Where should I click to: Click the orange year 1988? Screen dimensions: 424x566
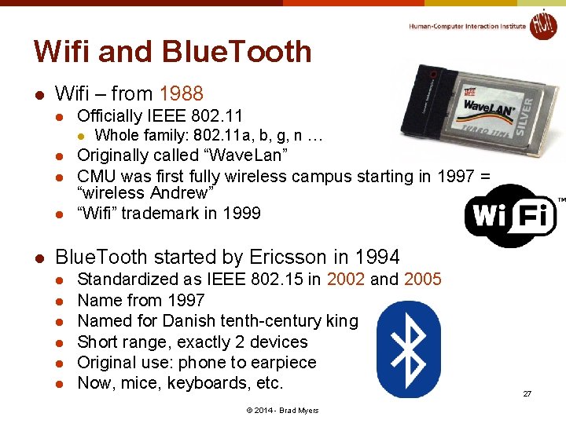click(181, 94)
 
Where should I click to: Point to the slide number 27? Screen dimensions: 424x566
click(527, 393)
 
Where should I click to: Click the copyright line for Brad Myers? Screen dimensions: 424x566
click(282, 411)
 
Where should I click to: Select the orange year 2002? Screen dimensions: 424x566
click(346, 280)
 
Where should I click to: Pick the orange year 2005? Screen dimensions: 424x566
click(423, 280)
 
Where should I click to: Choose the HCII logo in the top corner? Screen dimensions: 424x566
click(542, 25)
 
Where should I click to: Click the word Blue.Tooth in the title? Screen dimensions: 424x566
click(237, 52)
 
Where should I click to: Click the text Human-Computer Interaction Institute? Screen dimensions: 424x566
click(467, 26)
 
